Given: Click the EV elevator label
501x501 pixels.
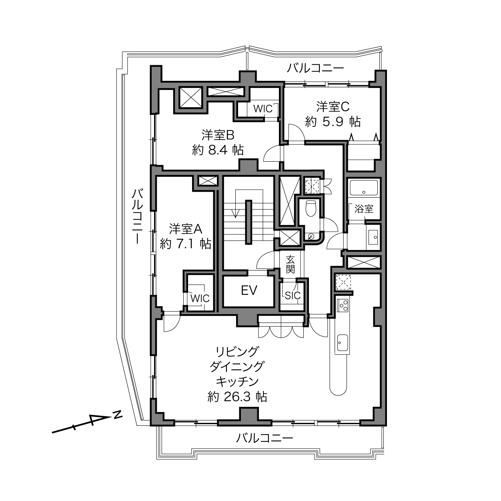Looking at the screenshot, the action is pos(249,290).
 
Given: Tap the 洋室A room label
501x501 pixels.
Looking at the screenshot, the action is pos(185,229).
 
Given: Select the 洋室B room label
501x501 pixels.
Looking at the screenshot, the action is pos(218,135).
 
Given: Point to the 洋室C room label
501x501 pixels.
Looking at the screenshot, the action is pos(333,106).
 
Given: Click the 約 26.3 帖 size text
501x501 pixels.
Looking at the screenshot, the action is pos(237,397).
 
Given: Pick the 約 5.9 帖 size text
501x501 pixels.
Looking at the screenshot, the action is pos(333,121).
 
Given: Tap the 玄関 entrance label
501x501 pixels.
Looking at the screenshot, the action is pos(290,265).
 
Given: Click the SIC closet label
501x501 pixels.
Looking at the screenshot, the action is pos(293,296).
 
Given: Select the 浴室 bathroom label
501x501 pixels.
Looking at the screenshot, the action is pos(364,209).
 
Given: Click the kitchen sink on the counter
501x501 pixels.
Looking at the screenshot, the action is pos(343,343).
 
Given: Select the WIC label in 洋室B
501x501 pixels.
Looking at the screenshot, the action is pos(263,109).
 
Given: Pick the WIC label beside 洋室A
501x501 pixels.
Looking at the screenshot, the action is pos(200,299).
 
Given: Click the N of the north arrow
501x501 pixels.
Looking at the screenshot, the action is pos(118,415).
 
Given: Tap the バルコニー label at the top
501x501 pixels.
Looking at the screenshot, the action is pos(315,68).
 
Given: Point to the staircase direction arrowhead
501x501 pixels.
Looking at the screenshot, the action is pos(236,214).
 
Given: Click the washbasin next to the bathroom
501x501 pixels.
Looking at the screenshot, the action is pos(374,237).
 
